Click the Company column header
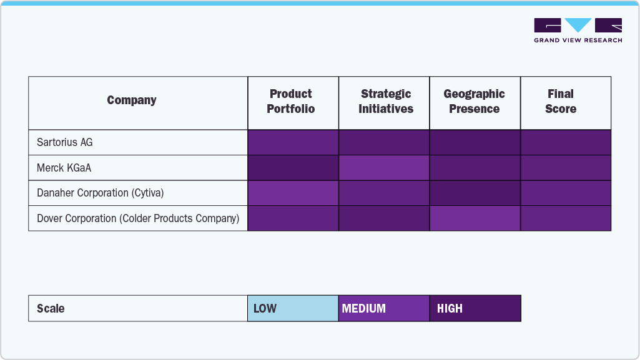[132, 100]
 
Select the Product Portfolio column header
[291, 101]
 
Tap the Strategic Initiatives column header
[385, 101]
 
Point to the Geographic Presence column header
[475, 101]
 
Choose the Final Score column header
[560, 101]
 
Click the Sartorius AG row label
[65, 142]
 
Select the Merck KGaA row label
[64, 168]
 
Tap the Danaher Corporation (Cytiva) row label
[100, 193]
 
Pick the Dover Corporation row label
[138, 218]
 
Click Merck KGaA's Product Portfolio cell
[293, 168]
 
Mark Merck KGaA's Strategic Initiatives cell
[384, 168]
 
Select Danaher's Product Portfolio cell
[293, 193]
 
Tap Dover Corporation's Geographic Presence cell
[475, 218]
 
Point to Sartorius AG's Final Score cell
[566, 142]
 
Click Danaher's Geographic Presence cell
[475, 193]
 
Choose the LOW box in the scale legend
[293, 308]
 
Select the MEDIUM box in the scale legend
[384, 308]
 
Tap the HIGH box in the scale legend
[475, 308]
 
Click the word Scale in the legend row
[51, 308]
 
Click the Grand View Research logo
[578, 31]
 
